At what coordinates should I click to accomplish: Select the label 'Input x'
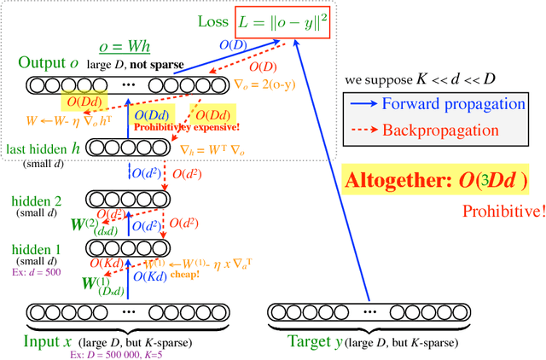pos(47,341)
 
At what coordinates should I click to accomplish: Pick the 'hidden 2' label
pos(37,200)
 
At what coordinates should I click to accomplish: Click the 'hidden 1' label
pos(36,248)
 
